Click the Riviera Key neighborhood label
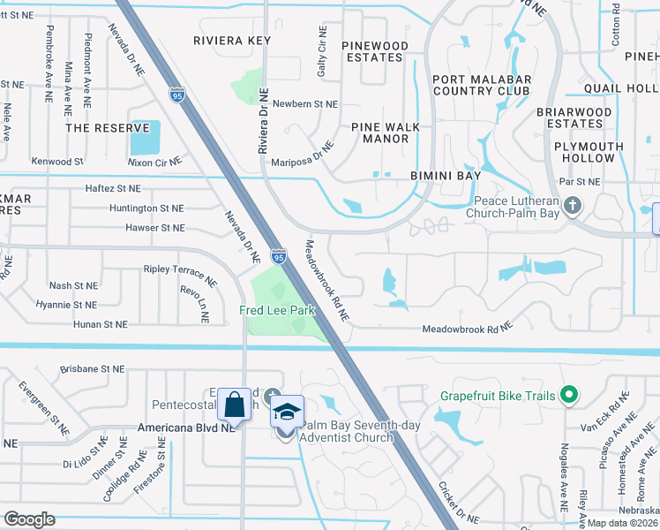click(232, 41)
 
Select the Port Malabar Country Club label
click(482, 85)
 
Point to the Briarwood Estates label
click(574, 117)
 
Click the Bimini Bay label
click(446, 176)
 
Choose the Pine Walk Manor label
click(386, 132)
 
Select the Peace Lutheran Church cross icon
click(573, 207)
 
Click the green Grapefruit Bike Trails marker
click(569, 395)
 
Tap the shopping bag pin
click(235, 405)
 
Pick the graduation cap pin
click(287, 412)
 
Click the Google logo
click(28, 519)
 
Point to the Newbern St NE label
click(305, 104)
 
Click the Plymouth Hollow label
click(578, 153)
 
